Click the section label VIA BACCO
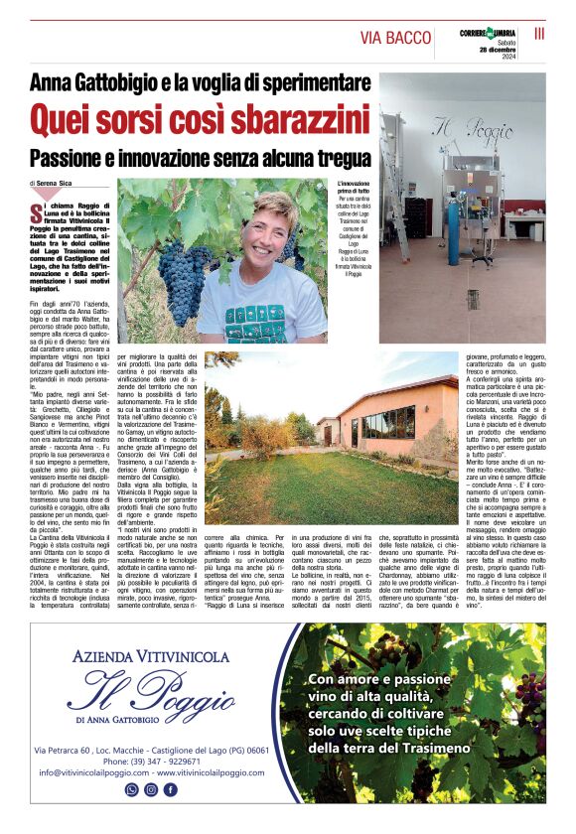click(395, 38)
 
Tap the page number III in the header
click(539, 33)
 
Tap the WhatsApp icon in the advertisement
click(131, 790)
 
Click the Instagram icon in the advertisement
click(151, 790)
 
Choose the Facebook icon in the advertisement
click(171, 790)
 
